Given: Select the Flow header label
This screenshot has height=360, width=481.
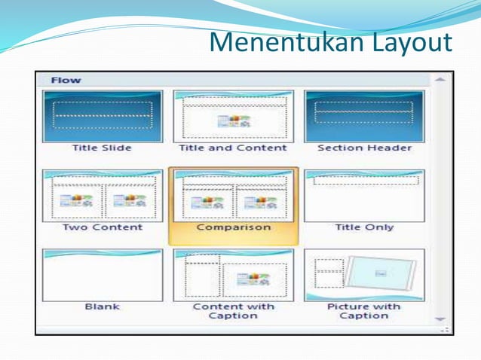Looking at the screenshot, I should point(66,80).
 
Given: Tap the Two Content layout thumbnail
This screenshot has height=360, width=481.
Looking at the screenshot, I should point(102,195).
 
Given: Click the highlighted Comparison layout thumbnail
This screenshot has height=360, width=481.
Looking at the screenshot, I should point(233,195).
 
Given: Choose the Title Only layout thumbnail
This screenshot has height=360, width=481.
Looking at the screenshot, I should point(363,195).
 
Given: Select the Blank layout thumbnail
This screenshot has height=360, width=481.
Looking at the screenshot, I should point(102,275).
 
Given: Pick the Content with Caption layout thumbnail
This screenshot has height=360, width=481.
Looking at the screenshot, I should point(233,275).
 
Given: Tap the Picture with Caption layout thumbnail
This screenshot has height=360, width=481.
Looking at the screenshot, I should point(363,275).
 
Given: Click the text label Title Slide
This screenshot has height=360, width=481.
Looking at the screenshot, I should point(102,148).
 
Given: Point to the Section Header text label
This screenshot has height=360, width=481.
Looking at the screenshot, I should point(364,148).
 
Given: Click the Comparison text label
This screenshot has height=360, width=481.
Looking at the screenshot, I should point(233,227).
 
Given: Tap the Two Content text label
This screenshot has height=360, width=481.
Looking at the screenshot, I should point(102,227).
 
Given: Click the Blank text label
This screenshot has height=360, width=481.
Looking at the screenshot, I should point(102,307).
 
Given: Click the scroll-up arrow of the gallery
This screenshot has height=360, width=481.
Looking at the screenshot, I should point(440,79).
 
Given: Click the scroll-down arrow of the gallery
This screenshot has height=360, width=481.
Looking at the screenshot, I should point(440,319).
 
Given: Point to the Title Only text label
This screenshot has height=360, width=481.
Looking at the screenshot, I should point(364,227).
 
